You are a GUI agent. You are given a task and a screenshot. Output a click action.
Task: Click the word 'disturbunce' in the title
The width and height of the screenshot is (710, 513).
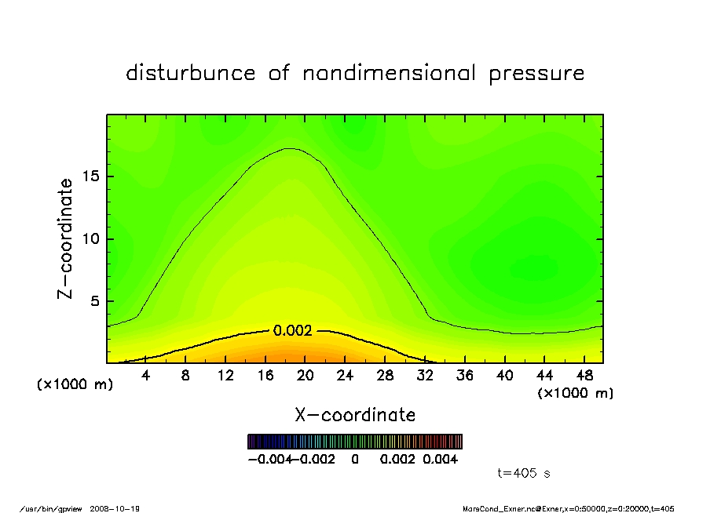click(x=190, y=74)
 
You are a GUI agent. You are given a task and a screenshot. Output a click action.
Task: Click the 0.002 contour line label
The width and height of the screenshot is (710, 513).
click(x=292, y=331)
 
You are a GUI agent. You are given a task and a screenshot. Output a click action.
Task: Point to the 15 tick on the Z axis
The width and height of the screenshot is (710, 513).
click(x=90, y=176)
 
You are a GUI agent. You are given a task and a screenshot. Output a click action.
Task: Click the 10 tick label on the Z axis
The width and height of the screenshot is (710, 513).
click(x=90, y=239)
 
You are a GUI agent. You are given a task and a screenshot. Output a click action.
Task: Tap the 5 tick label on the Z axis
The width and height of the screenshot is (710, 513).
click(x=94, y=301)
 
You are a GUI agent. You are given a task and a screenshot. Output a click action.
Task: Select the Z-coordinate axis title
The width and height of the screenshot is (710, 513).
click(x=66, y=238)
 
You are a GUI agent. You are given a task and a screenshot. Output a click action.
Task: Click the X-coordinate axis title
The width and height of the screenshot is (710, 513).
click(x=355, y=415)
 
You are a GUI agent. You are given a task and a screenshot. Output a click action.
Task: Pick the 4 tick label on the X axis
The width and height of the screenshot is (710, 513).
click(x=145, y=376)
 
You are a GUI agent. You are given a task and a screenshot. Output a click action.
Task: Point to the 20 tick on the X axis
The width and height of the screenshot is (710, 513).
click(x=306, y=376)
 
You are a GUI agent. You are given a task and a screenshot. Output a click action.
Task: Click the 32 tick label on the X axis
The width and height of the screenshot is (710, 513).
click(x=425, y=376)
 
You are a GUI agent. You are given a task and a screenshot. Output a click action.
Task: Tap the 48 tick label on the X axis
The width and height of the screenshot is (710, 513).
click(x=585, y=376)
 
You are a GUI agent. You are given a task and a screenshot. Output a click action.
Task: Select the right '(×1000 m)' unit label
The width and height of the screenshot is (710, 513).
click(x=575, y=393)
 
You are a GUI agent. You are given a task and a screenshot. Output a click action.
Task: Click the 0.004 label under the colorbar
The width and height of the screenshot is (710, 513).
click(x=441, y=460)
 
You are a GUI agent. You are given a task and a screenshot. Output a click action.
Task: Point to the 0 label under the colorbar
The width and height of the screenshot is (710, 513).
click(x=355, y=460)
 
